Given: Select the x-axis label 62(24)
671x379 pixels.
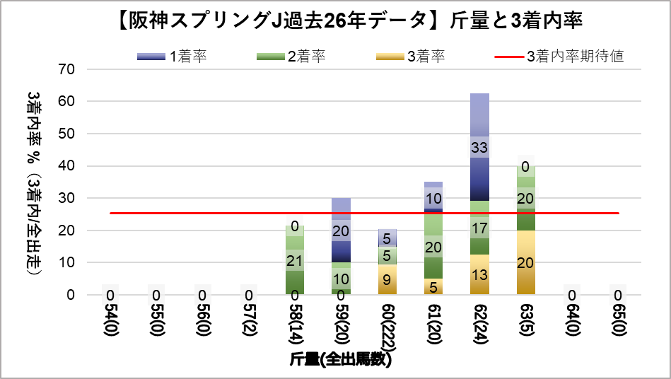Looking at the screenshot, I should click(480, 325).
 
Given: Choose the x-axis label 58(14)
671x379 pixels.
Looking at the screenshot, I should click(296, 325).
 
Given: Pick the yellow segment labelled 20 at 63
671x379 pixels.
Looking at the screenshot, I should click(526, 262).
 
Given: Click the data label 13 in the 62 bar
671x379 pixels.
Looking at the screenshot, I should click(480, 275).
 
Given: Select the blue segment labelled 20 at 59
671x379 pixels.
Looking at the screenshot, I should click(342, 231).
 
